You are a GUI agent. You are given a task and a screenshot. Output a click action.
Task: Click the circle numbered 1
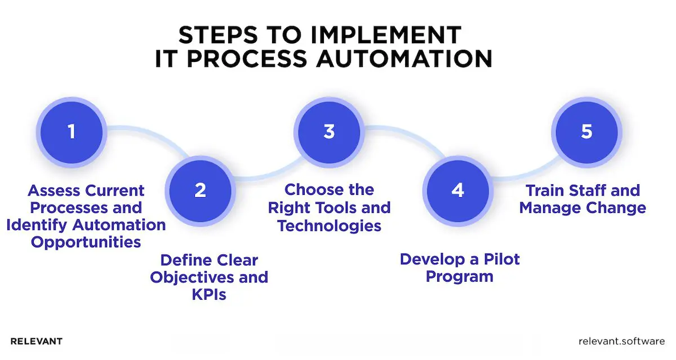(71, 132)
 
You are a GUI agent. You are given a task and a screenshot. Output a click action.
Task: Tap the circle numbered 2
(200, 190)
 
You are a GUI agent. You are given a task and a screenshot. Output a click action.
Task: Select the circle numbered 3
(329, 132)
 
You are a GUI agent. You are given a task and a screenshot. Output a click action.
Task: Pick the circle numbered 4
(458, 190)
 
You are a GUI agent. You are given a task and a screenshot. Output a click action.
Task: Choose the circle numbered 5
(587, 132)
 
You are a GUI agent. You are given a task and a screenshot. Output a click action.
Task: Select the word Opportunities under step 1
(86, 242)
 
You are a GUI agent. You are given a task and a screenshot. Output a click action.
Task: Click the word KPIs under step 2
(208, 294)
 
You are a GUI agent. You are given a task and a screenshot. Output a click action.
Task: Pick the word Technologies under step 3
(330, 225)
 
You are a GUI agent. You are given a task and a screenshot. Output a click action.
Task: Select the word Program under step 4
(459, 277)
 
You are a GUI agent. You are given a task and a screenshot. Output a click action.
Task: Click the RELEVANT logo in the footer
(37, 341)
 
